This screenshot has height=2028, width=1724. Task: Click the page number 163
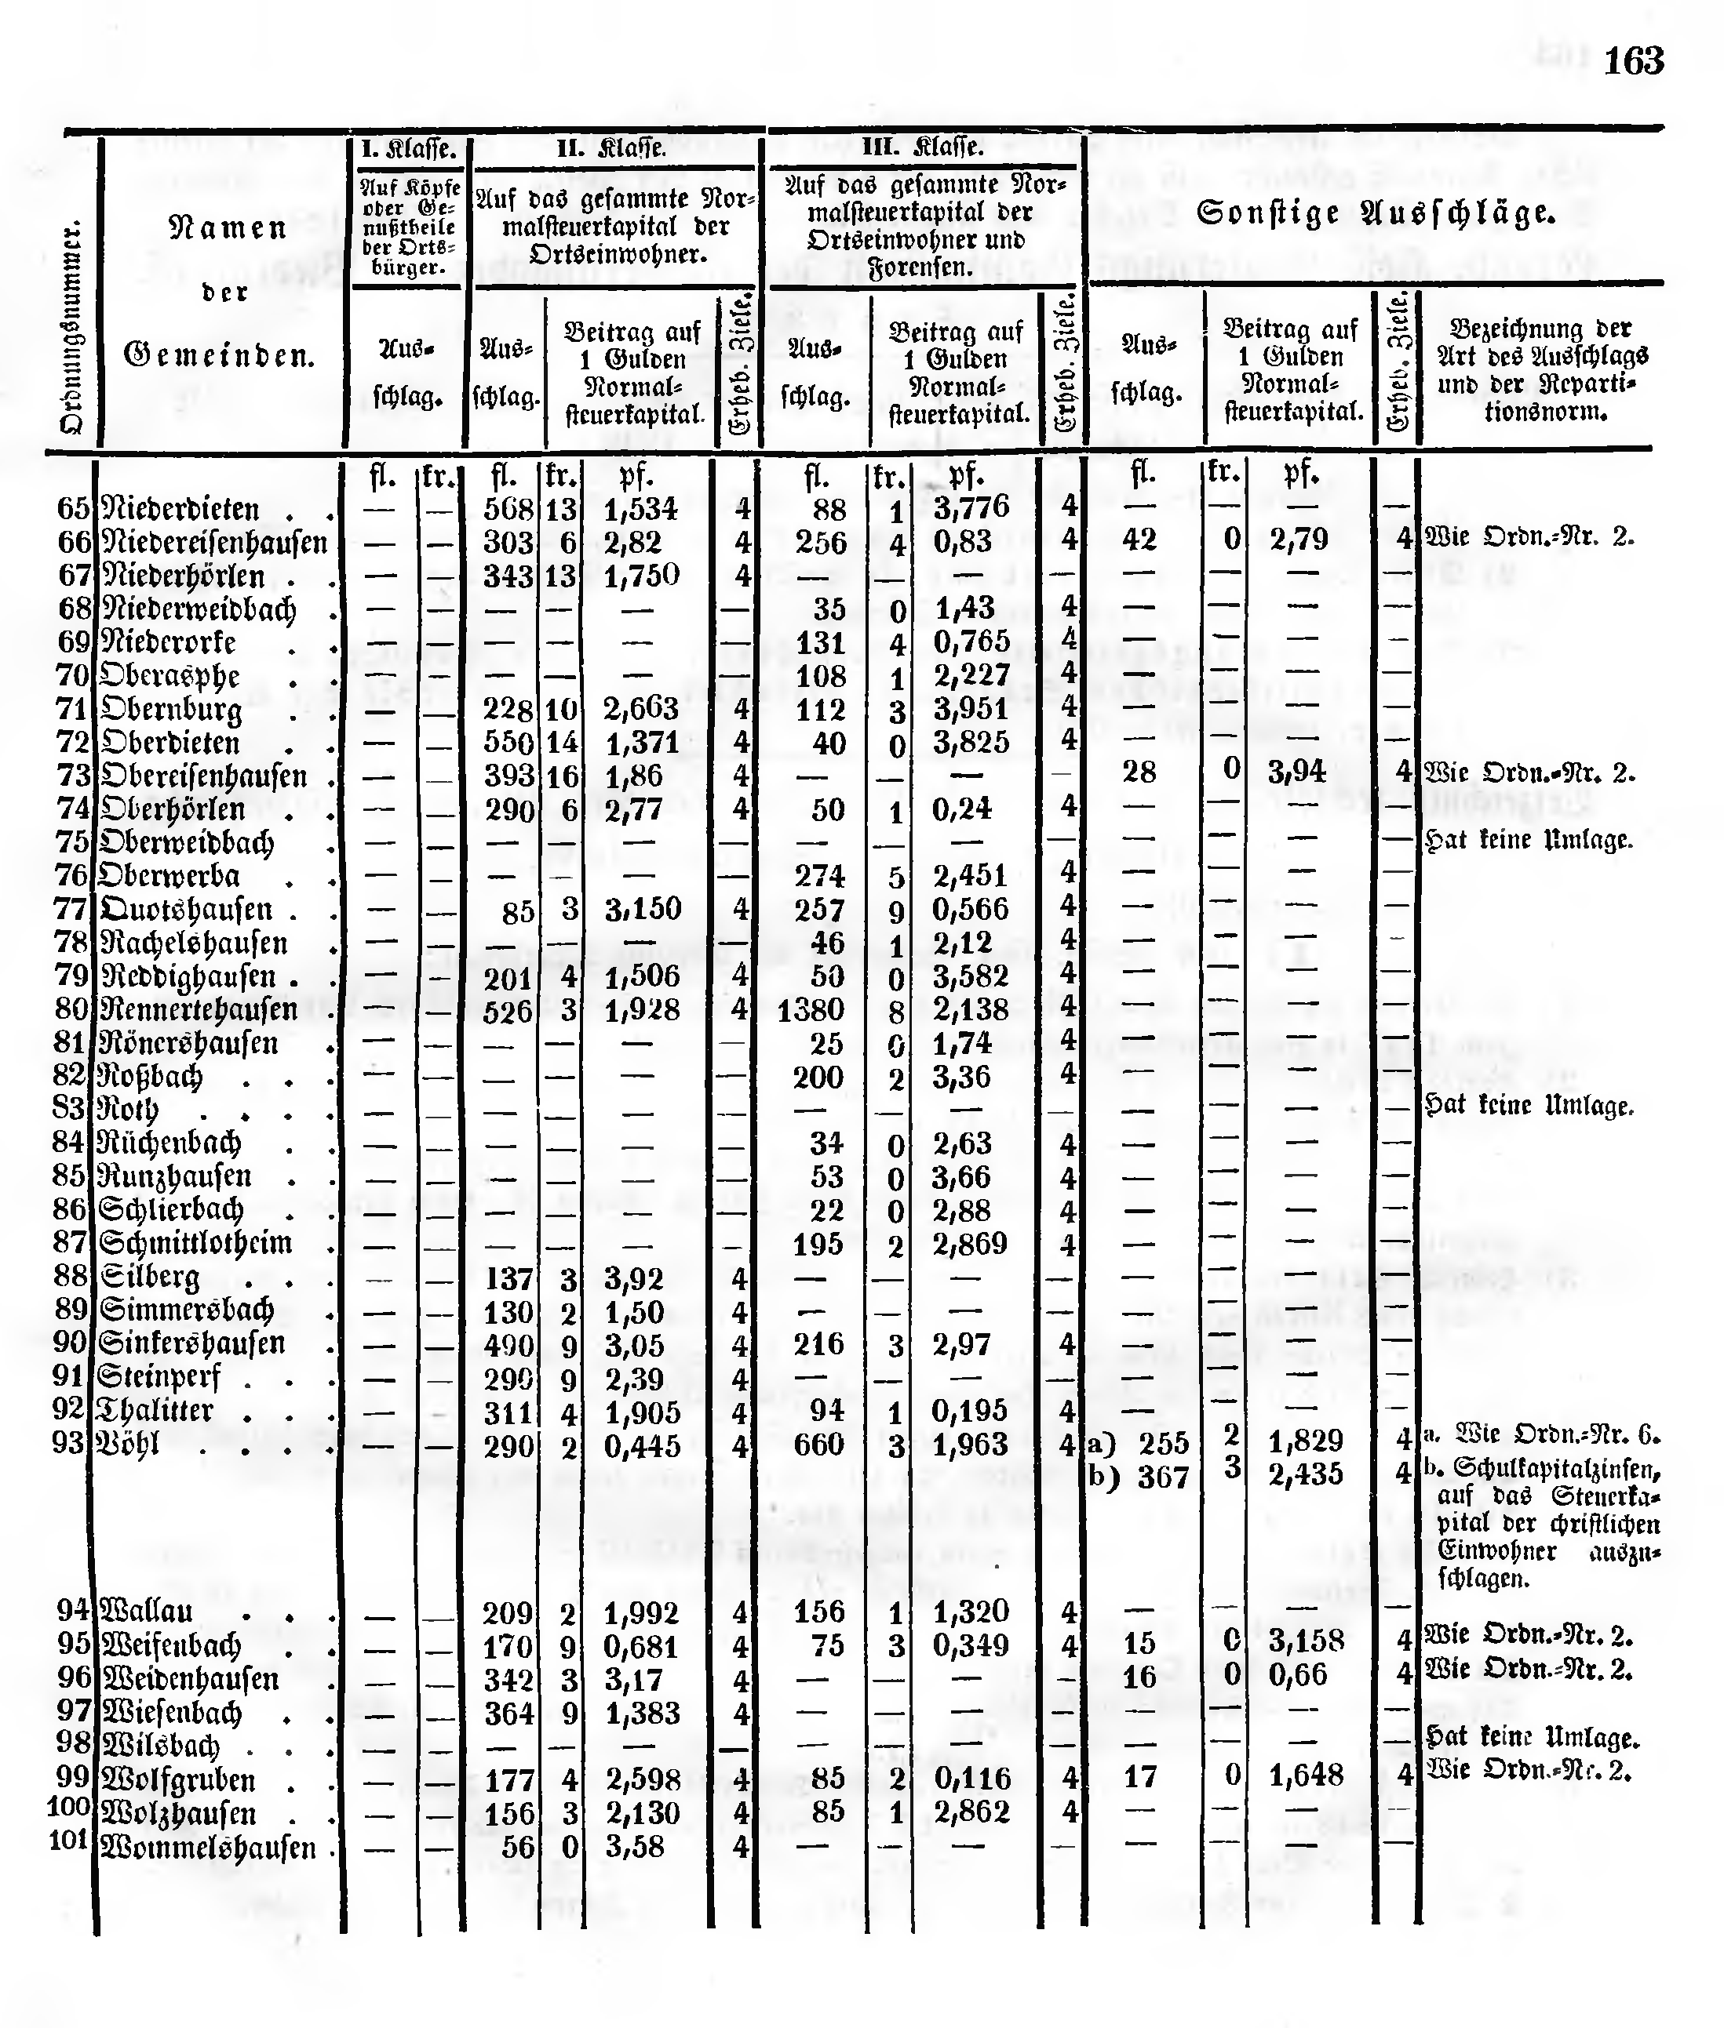click(x=1633, y=61)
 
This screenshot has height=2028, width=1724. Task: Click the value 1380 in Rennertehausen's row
click(x=810, y=1009)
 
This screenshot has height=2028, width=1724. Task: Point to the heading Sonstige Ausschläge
click(x=1375, y=213)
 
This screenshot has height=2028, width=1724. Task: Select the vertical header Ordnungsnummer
click(x=71, y=327)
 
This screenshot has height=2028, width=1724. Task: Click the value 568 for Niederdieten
click(x=508, y=509)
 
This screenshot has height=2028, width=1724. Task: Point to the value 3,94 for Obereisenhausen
click(x=1297, y=772)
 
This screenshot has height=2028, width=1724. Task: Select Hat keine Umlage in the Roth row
click(x=1529, y=1106)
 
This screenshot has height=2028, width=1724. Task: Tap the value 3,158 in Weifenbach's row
click(x=1306, y=1640)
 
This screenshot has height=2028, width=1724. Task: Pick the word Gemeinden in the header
click(x=220, y=354)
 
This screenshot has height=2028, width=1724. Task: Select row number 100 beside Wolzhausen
click(x=69, y=1806)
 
